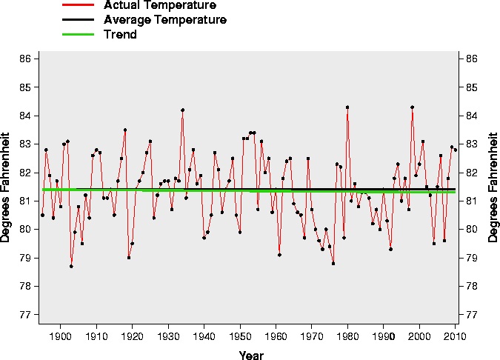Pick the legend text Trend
click(x=121, y=35)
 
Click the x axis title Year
click(x=250, y=355)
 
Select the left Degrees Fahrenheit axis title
click(x=7, y=187)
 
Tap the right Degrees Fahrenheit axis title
click(x=494, y=187)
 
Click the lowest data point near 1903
click(x=71, y=266)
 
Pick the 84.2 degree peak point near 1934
click(x=182, y=110)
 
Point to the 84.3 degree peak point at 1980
click(x=347, y=107)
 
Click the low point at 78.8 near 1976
click(x=333, y=264)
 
